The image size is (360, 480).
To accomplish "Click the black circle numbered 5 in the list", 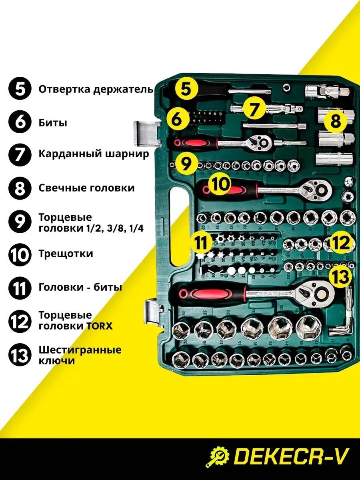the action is [20, 90].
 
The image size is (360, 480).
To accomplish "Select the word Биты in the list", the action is [53, 123].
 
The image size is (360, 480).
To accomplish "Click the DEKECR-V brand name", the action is [291, 457].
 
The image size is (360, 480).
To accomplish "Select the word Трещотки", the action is [66, 254].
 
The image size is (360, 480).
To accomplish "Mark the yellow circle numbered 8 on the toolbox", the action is [336, 122].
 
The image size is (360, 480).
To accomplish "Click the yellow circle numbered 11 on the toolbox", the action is [201, 243].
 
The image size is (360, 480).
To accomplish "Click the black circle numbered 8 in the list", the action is [20, 188].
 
